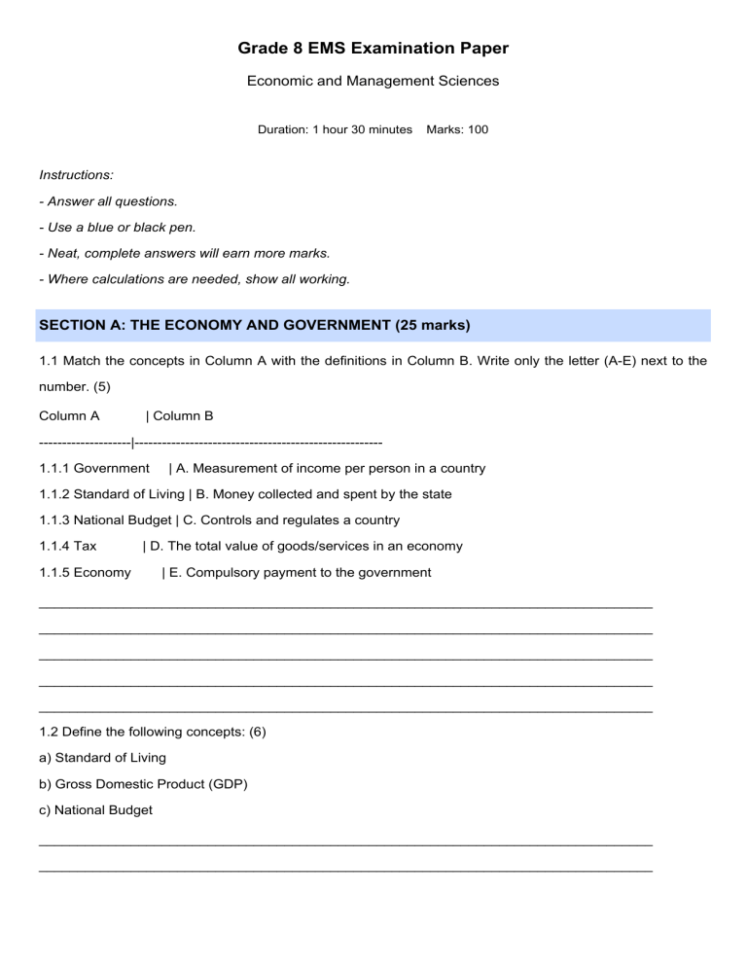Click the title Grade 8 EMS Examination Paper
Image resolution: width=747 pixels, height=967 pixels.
(x=373, y=48)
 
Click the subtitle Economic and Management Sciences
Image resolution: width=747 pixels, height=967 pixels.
(x=373, y=81)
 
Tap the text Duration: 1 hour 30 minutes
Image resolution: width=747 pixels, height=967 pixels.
(x=335, y=129)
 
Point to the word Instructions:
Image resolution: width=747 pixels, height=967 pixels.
(x=76, y=175)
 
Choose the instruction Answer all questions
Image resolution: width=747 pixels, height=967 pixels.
(x=108, y=201)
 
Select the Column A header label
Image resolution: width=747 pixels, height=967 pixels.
(x=69, y=416)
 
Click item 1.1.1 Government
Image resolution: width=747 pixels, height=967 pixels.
(x=94, y=469)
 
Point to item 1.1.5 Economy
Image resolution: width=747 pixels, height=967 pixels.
(x=86, y=573)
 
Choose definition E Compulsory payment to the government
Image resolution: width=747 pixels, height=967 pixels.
(x=300, y=573)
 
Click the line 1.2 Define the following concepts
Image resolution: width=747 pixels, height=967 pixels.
(x=152, y=732)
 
